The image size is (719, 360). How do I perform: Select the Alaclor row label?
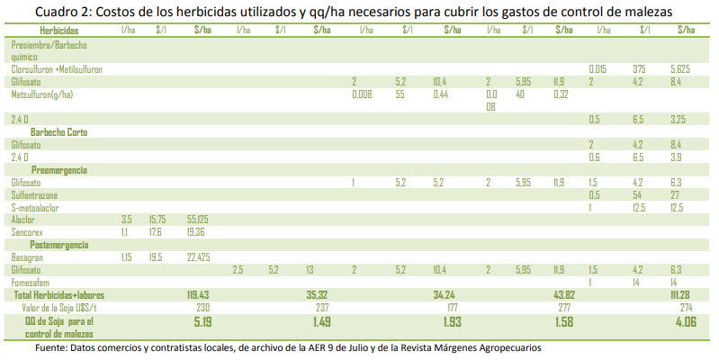pyautogui.click(x=23, y=219)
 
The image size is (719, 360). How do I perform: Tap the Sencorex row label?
pyautogui.click(x=27, y=231)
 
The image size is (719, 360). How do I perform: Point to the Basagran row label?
pyautogui.click(x=28, y=256)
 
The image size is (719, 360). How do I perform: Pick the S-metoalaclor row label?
pyautogui.click(x=35, y=207)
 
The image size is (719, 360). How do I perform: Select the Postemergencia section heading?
pyautogui.click(x=59, y=244)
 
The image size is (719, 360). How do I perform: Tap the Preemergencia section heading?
pyautogui.click(x=58, y=169)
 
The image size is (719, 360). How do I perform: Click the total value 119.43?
pyautogui.click(x=198, y=294)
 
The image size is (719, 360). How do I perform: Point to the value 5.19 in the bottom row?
pyautogui.click(x=202, y=321)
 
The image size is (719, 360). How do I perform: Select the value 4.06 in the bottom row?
pyautogui.click(x=685, y=321)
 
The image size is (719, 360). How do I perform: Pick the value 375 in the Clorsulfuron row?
pyautogui.click(x=639, y=68)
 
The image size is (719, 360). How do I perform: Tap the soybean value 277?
pyautogui.click(x=564, y=307)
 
